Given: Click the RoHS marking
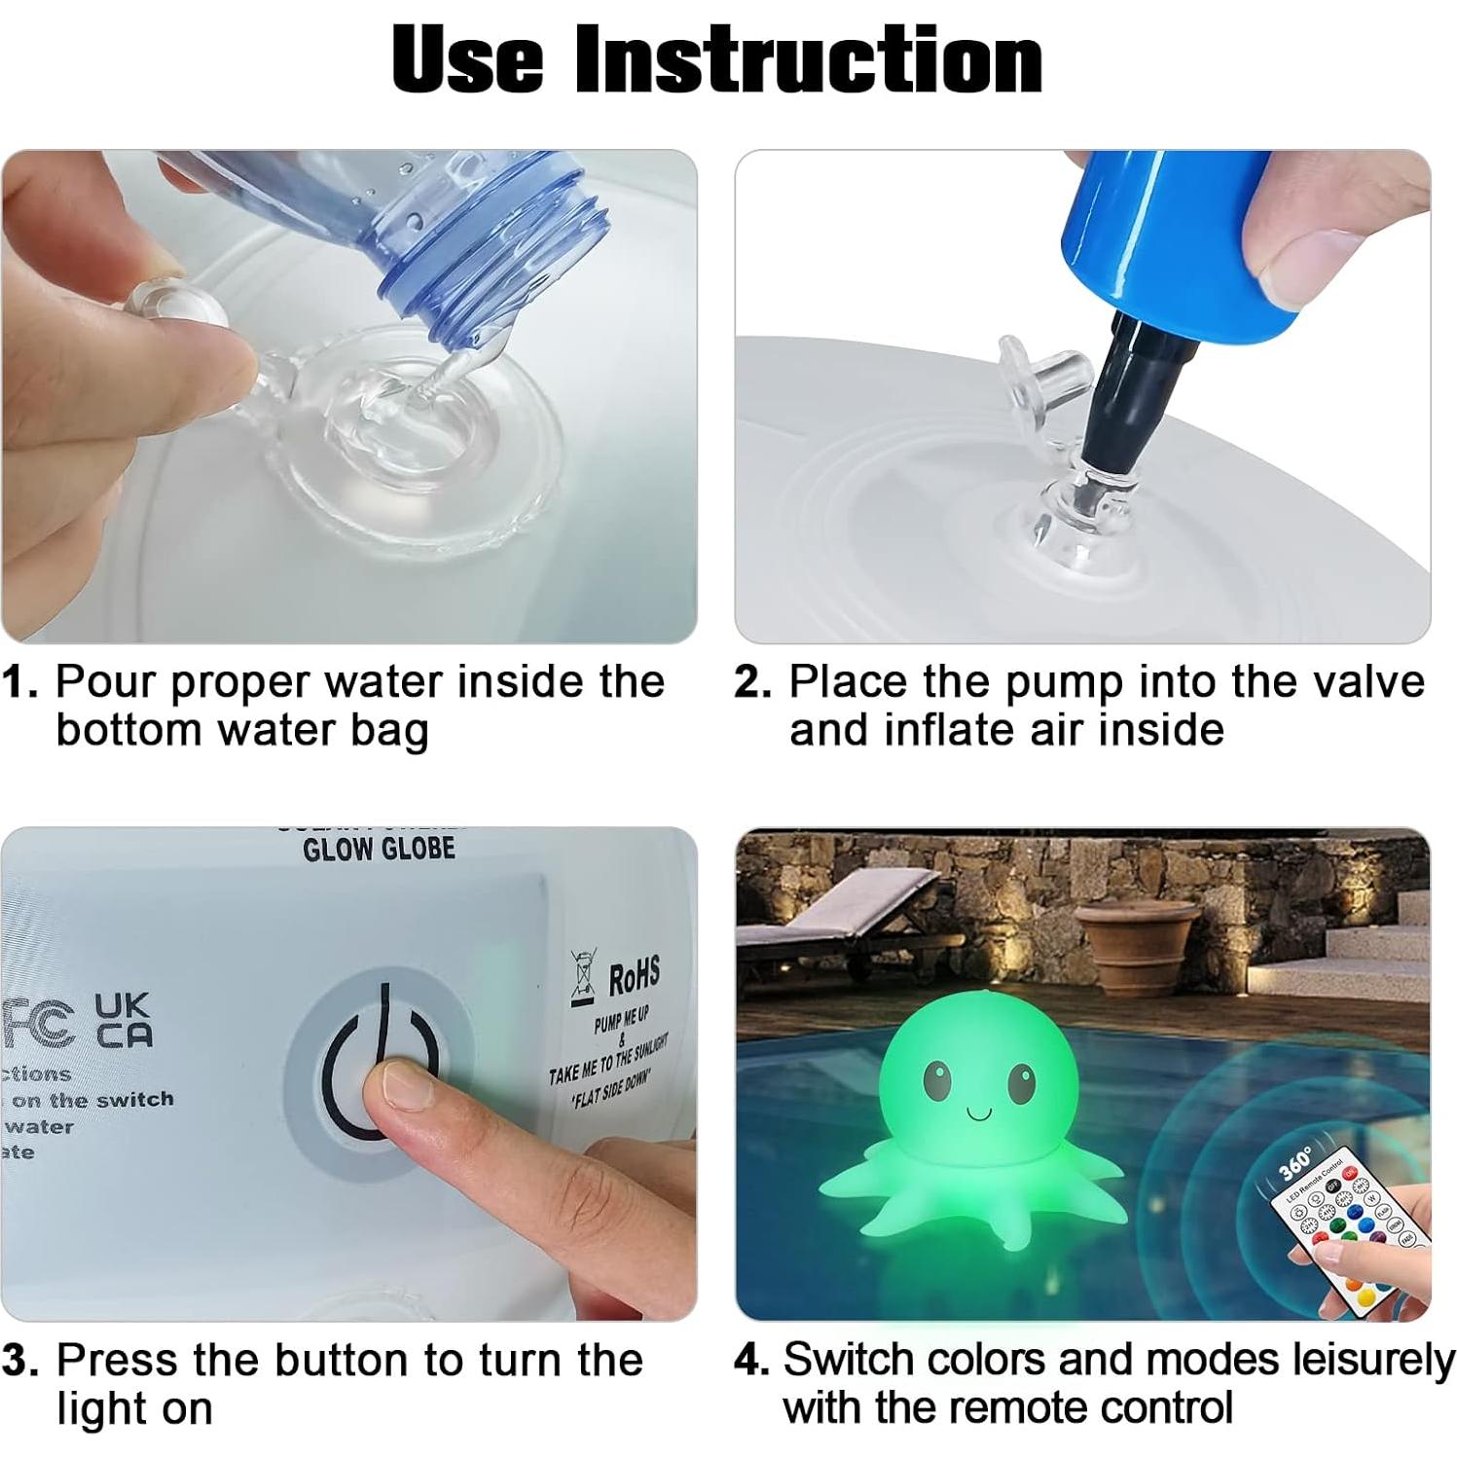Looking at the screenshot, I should coord(634,975).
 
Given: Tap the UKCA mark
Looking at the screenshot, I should coord(123,1020).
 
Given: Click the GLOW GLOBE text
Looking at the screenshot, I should coord(379,850).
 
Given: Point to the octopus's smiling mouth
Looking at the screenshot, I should coord(978,1111).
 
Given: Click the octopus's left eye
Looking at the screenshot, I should coord(936,1077).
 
